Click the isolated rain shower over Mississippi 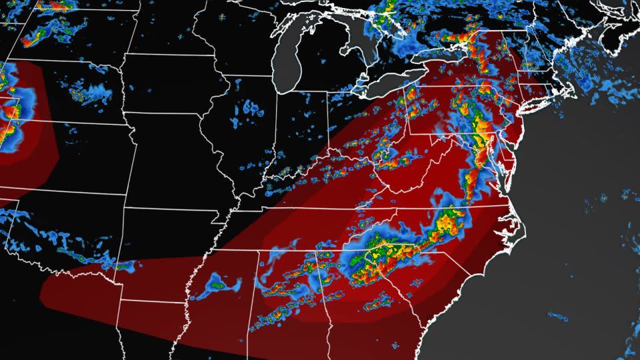tap(223, 287)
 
